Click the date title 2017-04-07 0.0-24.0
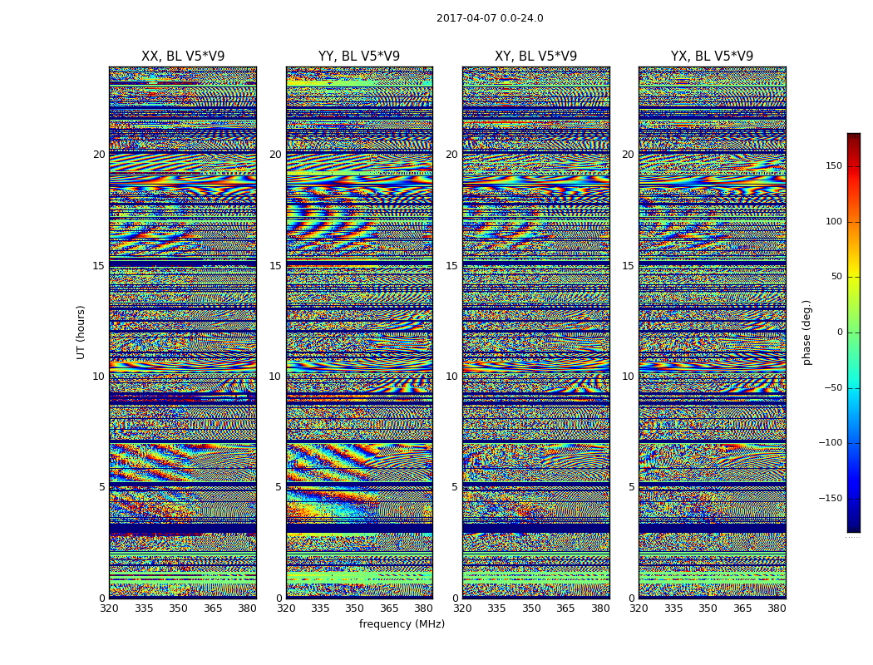pyautogui.click(x=490, y=18)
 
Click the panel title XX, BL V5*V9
pyautogui.click(x=183, y=57)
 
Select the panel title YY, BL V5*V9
pyautogui.click(x=359, y=57)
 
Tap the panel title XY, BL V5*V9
pyautogui.click(x=535, y=57)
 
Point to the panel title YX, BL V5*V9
pyautogui.click(x=712, y=57)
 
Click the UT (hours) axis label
pyautogui.click(x=81, y=332)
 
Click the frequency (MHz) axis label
pyautogui.click(x=402, y=624)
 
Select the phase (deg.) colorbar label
pyautogui.click(x=806, y=332)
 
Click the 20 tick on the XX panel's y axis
pyautogui.click(x=99, y=155)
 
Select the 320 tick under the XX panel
pyautogui.click(x=109, y=608)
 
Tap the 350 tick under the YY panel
pyautogui.click(x=354, y=608)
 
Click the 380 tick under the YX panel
pyautogui.click(x=777, y=608)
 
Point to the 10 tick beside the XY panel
pyautogui.click(x=451, y=377)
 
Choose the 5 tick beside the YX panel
pyautogui.click(x=631, y=487)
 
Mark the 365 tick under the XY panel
pyautogui.click(x=565, y=608)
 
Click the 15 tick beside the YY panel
pyautogui.click(x=275, y=266)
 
